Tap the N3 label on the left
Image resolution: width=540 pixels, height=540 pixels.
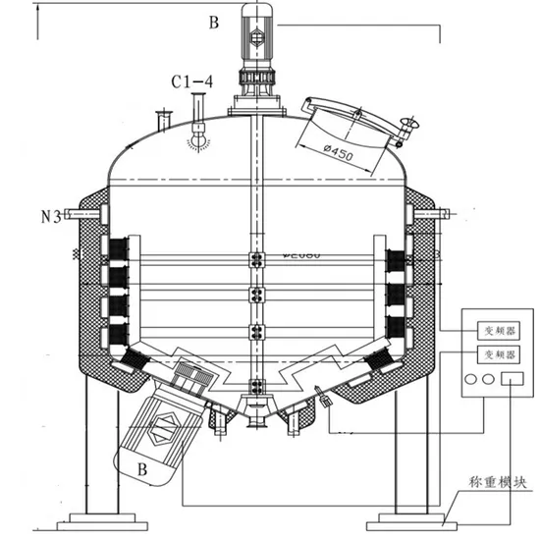coord(54,213)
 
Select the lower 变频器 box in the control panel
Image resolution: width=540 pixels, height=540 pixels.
coord(495,352)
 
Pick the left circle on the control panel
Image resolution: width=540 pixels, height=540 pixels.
coord(473,379)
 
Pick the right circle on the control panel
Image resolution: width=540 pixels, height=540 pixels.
coord(488,379)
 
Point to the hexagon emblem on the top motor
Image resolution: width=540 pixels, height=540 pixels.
coord(259,37)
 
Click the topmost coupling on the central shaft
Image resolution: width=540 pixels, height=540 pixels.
coord(257,260)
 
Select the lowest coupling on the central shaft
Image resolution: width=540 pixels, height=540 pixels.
coord(257,386)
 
